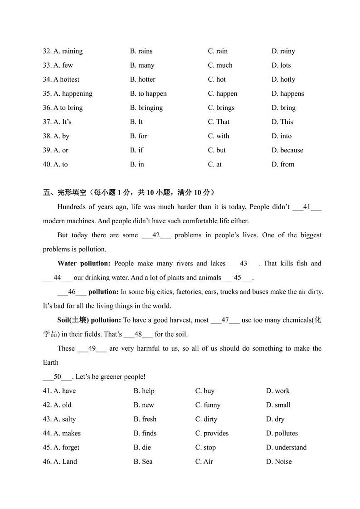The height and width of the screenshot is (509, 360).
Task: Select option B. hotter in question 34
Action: tap(142, 79)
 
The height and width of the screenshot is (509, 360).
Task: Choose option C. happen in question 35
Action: tap(222, 93)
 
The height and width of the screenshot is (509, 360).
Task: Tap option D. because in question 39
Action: tap(287, 150)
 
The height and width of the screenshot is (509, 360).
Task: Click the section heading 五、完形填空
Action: tap(64, 192)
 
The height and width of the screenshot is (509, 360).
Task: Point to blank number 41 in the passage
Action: tap(307, 207)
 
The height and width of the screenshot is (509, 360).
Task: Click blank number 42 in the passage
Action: tap(156, 235)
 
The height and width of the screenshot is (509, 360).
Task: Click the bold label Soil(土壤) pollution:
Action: tap(89, 320)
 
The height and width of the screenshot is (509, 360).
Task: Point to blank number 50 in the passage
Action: tap(58, 377)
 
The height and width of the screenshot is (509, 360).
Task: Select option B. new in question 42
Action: tap(144, 405)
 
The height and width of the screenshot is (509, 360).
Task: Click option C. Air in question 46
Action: tap(204, 461)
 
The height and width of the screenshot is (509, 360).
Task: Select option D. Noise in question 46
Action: tap(279, 461)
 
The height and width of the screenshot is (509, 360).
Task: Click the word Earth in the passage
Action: tap(51, 362)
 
